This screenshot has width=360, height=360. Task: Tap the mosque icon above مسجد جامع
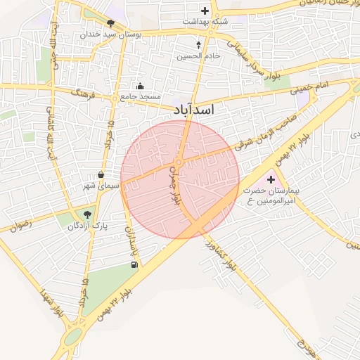coord(140,86)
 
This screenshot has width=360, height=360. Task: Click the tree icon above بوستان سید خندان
coord(110,24)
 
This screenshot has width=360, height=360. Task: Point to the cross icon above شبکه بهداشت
coord(205,11)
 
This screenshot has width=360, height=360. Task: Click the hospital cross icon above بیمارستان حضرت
coord(271,180)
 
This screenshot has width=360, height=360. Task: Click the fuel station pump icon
coord(134,264)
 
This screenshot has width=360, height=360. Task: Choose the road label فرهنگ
coord(82,91)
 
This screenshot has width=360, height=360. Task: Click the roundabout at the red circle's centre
coord(180,163)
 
